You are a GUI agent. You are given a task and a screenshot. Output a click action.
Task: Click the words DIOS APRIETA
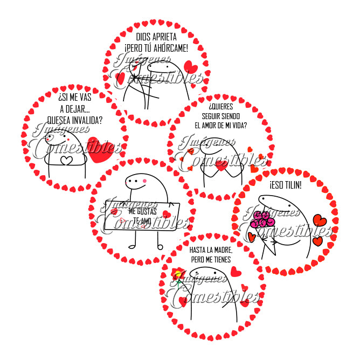[155, 38]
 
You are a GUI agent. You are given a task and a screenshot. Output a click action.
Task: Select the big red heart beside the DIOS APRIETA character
[190, 67]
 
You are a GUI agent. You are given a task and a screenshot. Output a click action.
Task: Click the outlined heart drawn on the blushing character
[66, 160]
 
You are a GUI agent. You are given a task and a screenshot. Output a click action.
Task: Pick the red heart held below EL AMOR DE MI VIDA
[221, 168]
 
